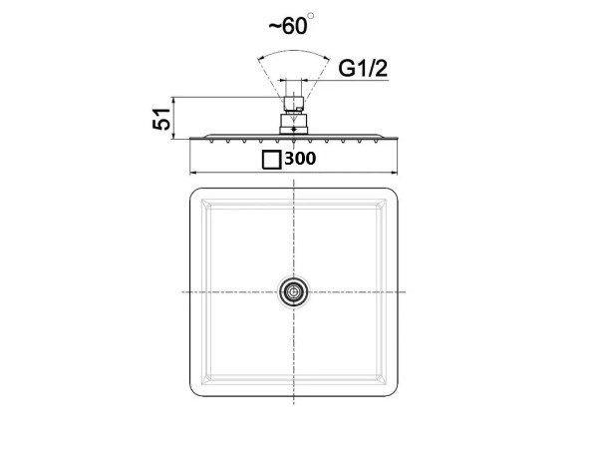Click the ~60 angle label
click(x=288, y=26)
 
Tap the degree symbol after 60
click(x=311, y=16)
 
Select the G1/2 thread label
click(x=363, y=69)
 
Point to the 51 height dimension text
click(x=161, y=119)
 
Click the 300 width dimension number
click(x=300, y=159)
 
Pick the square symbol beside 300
click(x=271, y=160)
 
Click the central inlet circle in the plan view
click(x=293, y=292)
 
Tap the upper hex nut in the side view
click(x=294, y=103)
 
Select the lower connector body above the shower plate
click(x=294, y=124)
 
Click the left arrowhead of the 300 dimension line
click(x=193, y=173)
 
